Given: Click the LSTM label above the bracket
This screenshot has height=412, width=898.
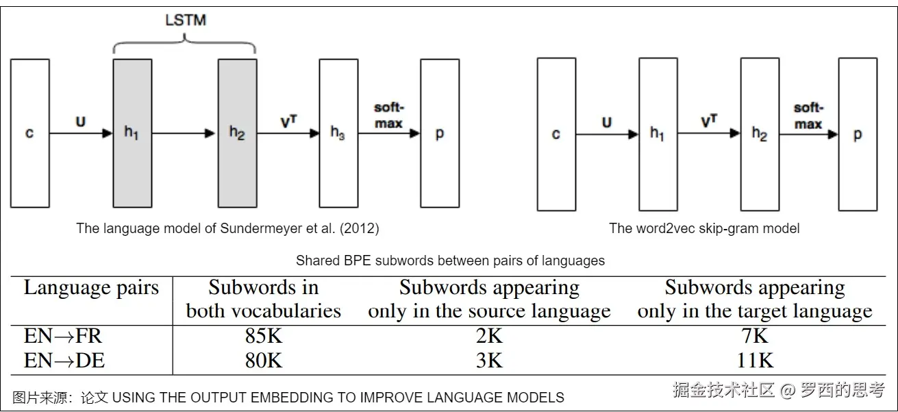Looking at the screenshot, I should pos(185,19).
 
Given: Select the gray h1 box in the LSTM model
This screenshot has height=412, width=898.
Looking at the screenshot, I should pos(132,133).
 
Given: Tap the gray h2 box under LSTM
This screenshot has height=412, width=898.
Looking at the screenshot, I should pos(237,133).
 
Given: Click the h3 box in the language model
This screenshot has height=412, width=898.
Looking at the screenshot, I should pos(338,133).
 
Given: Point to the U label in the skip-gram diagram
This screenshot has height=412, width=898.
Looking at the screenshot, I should pos(606,123).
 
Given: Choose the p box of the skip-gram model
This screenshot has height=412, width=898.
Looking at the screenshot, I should pos(858,134).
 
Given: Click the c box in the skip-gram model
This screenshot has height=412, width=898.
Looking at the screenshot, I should pos(556,134).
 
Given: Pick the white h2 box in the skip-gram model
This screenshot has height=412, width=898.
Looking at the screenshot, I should pos(759,134).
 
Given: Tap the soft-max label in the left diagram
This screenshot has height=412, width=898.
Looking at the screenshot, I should pos(388,116).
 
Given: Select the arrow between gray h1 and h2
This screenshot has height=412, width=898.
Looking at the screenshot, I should pos(185,134).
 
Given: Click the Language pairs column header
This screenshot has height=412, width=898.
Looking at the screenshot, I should pos(91,288).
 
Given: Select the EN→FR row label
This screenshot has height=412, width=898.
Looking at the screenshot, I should pos(63,337).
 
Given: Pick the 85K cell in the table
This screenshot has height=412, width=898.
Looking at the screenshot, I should pos(264,337).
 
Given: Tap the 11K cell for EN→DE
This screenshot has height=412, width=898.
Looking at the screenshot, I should pos(755,361).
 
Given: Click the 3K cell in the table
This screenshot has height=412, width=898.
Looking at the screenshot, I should pos(489,361).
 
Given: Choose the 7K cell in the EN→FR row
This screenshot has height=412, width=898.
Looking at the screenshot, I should pos(755,337).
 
